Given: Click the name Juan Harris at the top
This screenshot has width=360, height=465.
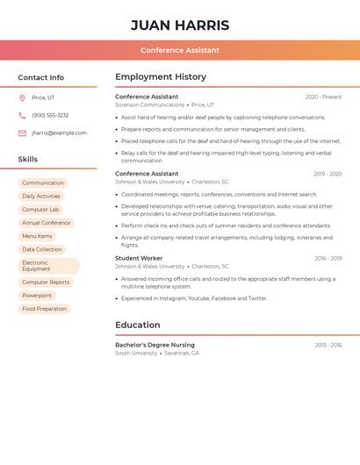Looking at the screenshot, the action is [x=180, y=25].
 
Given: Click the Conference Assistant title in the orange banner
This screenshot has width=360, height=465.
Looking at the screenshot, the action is [x=180, y=50].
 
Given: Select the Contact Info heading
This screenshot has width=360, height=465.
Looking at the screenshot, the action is [x=41, y=77].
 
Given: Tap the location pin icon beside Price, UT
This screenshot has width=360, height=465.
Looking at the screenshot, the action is [x=22, y=97].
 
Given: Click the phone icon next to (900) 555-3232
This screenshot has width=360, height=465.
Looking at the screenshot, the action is [x=22, y=115].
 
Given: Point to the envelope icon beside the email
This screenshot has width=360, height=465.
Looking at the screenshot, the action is [x=22, y=133].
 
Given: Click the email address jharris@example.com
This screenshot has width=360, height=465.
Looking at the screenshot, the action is [x=59, y=133].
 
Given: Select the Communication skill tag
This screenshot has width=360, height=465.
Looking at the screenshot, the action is [x=43, y=183].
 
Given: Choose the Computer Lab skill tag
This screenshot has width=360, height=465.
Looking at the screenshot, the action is [x=40, y=210].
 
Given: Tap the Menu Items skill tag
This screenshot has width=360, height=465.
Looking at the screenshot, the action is [x=37, y=236].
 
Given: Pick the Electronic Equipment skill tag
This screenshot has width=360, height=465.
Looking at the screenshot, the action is [x=48, y=266].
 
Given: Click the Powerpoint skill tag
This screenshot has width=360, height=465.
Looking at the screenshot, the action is [x=37, y=296].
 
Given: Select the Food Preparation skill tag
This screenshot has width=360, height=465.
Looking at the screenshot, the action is [x=44, y=309].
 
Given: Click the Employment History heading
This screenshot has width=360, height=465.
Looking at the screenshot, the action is [x=161, y=77].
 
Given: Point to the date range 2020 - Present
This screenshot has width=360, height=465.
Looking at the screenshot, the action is [x=323, y=97].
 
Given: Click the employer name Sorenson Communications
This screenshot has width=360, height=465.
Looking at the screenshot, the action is [x=149, y=105].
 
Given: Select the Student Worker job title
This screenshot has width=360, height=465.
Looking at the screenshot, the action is [x=139, y=259].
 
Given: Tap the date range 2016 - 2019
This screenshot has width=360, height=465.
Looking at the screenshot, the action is [x=328, y=259].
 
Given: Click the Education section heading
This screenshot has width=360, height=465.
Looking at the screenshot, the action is [x=138, y=325].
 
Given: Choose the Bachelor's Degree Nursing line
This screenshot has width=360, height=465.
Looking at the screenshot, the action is [x=155, y=345].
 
